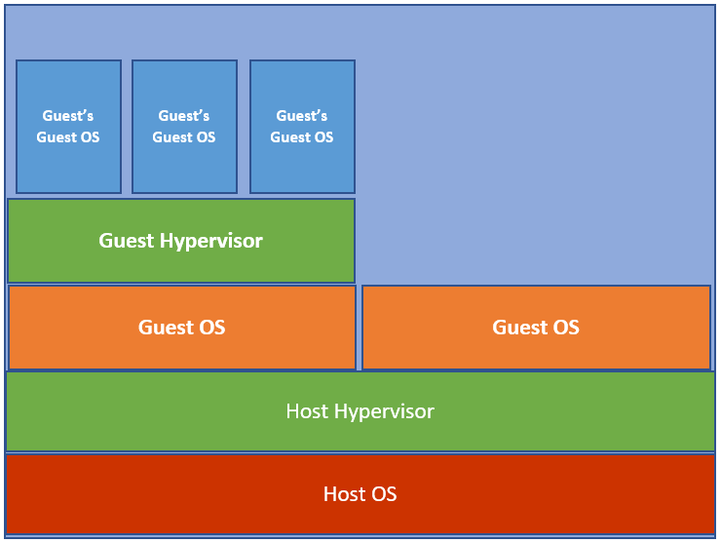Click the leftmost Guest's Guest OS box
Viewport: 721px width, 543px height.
68,127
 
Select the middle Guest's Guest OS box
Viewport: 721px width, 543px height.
184,127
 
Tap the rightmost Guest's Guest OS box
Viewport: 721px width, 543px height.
302,127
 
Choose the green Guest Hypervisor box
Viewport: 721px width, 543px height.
181,241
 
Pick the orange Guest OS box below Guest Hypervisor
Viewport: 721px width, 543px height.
182,328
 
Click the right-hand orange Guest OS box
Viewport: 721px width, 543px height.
536,328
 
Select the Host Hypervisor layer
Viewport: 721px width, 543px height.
360,411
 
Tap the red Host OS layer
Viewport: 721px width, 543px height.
360,494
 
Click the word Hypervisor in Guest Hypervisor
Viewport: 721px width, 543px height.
211,242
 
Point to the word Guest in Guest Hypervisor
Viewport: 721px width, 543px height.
127,241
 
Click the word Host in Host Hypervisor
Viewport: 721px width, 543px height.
307,411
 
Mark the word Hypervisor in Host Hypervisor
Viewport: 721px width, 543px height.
384,412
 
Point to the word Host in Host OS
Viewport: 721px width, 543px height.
344,494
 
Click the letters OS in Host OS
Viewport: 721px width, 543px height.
384,494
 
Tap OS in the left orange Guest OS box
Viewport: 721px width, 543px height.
212,328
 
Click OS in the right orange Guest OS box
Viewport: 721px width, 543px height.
566,328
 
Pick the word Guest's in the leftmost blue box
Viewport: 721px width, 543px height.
68,115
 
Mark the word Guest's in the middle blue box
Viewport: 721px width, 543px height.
184,115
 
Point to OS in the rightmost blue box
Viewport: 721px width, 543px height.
323,137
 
